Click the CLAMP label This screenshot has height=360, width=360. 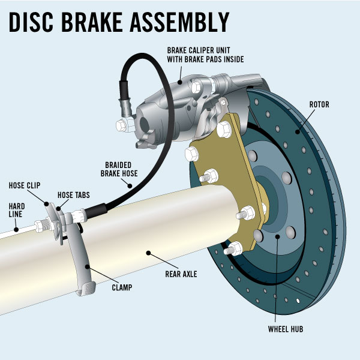pyautogui.click(x=121, y=287)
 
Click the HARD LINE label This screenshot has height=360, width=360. pyautogui.click(x=16, y=211)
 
